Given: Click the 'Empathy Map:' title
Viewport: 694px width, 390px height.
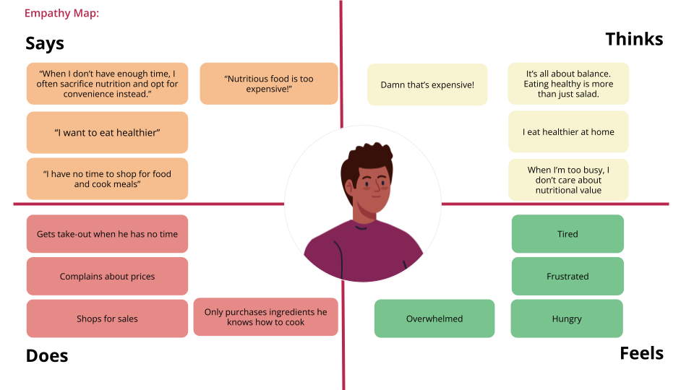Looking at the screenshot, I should pyautogui.click(x=61, y=13).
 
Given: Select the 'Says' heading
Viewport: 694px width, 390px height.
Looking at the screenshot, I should pyautogui.click(x=45, y=43).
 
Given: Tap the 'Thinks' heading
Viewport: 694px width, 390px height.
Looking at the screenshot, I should pyautogui.click(x=634, y=39).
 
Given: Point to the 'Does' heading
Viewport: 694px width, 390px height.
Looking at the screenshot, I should pyautogui.click(x=47, y=355).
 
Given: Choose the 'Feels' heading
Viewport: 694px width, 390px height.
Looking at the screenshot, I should pyautogui.click(x=641, y=353).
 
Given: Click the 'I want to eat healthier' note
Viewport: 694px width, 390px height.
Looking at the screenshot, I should pyautogui.click(x=107, y=132).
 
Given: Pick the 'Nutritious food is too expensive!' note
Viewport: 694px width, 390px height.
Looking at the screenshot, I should pyautogui.click(x=269, y=84).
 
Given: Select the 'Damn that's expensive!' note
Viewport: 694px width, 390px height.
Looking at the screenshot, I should pyautogui.click(x=427, y=85).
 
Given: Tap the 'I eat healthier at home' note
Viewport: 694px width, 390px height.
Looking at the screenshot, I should pyautogui.click(x=568, y=132).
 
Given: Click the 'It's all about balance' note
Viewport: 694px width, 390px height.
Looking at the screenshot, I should pyautogui.click(x=568, y=84).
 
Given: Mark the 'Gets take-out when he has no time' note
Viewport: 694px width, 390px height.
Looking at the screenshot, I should pyautogui.click(x=107, y=234).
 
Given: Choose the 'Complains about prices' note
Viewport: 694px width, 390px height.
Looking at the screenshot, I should pyautogui.click(x=107, y=276).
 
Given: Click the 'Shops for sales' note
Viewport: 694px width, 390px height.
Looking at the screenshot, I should pyautogui.click(x=107, y=318).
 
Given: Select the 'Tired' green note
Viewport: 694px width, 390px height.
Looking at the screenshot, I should pyautogui.click(x=567, y=234).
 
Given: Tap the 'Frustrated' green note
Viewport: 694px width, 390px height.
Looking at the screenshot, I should pyautogui.click(x=567, y=276).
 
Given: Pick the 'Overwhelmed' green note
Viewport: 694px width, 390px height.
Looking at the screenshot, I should pyautogui.click(x=434, y=318).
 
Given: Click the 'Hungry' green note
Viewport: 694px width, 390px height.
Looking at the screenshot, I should pyautogui.click(x=567, y=318).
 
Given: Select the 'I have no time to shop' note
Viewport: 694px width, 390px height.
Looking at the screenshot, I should pyautogui.click(x=107, y=178).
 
